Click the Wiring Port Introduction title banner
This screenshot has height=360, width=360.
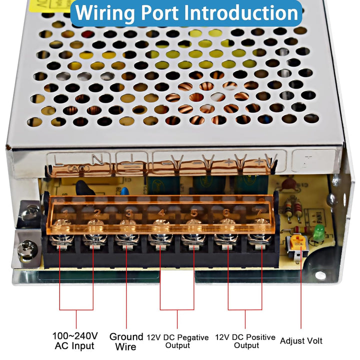185,13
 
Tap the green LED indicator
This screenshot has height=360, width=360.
318,231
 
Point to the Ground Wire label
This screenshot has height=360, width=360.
126,341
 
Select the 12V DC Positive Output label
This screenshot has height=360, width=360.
245,341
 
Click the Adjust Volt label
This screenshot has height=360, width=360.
301,341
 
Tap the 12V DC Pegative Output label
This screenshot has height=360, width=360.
177,341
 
